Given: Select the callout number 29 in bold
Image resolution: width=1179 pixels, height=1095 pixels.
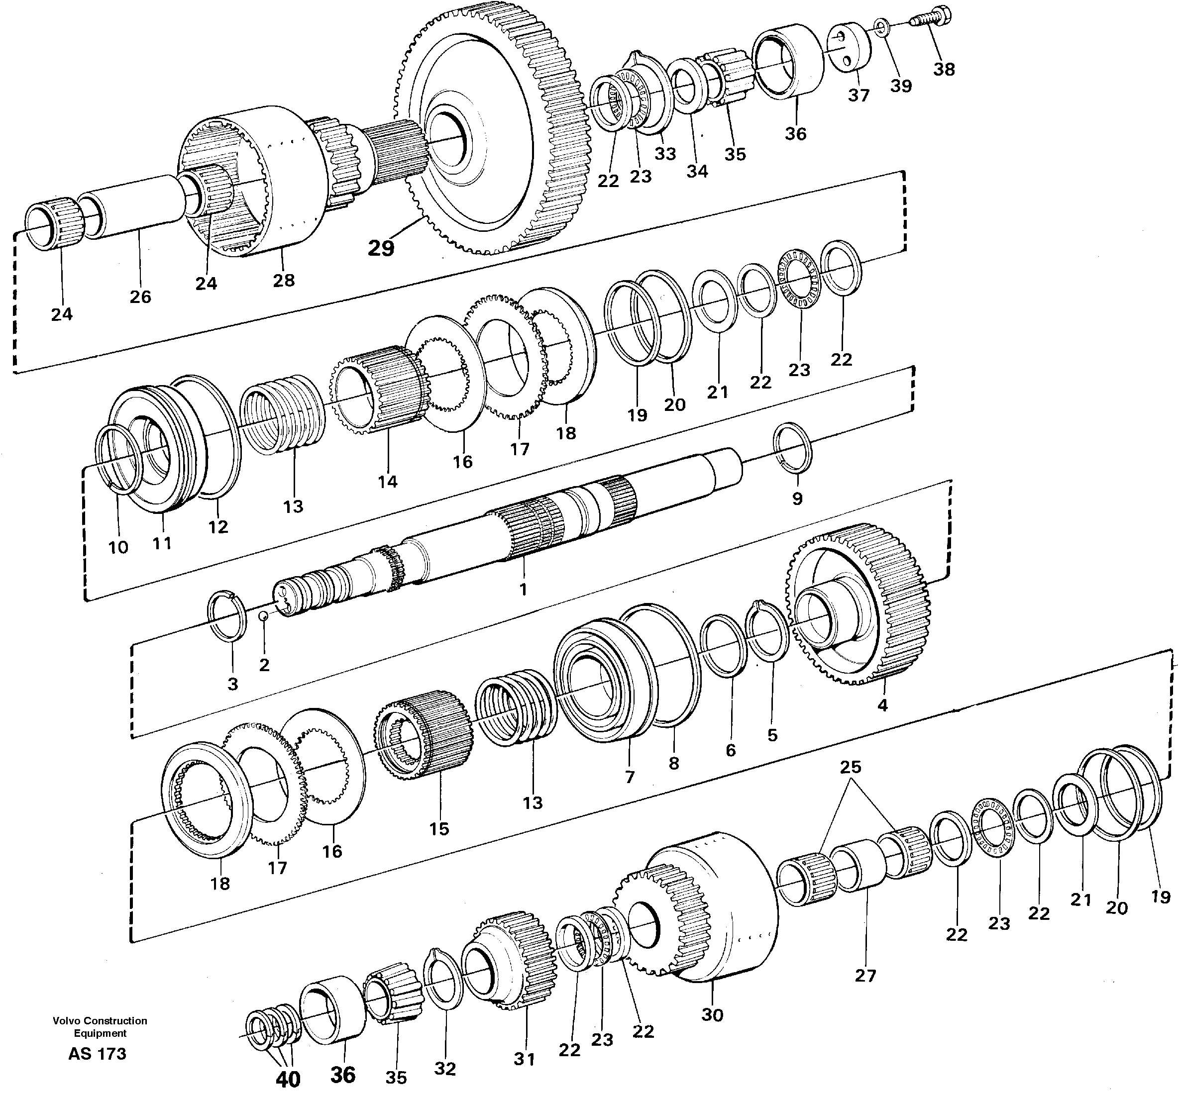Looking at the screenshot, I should (381, 248).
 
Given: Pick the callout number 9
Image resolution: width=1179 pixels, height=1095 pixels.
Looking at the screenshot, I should (797, 498).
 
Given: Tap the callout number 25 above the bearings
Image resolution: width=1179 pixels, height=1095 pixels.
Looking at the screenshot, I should (850, 767).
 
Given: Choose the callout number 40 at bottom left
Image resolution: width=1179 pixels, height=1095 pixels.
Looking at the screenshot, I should (288, 1079).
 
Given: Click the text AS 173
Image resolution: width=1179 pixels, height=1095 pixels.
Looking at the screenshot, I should (97, 1054).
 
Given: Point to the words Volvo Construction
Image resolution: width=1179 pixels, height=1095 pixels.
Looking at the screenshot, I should (100, 1020).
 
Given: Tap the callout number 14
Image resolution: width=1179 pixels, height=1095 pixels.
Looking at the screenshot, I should (387, 482).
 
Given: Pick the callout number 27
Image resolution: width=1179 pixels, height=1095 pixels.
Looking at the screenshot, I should (865, 975).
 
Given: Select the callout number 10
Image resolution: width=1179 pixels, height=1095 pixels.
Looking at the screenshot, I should (118, 547).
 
